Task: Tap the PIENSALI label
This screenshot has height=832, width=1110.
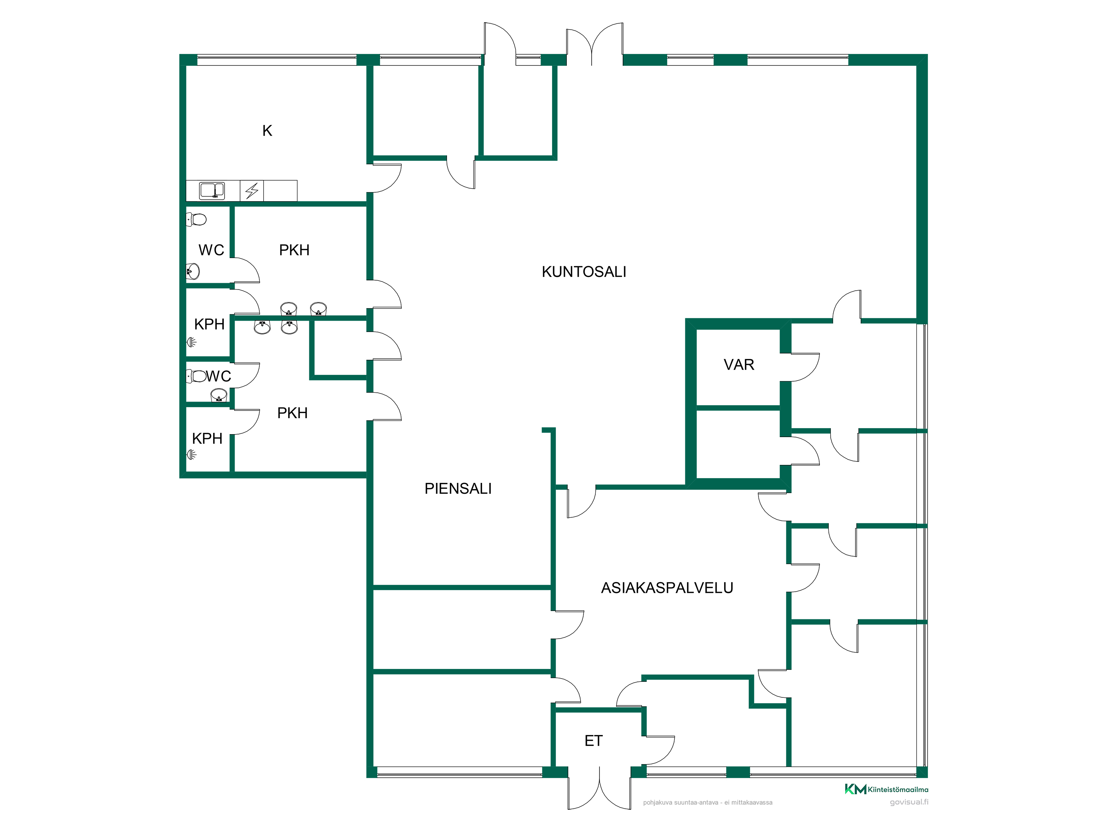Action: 458,488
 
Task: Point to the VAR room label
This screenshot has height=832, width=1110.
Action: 739,365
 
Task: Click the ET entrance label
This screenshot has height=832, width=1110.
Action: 593,741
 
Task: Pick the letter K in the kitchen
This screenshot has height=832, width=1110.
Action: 267,131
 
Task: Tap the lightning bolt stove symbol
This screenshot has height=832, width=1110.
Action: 252,190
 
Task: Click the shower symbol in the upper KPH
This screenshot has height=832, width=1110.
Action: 192,342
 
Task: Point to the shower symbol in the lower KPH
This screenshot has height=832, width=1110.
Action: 192,455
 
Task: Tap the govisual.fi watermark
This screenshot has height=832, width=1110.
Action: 909,802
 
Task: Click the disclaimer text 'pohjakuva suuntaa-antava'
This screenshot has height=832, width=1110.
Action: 680,802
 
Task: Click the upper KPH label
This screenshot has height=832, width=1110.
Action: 209,324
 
